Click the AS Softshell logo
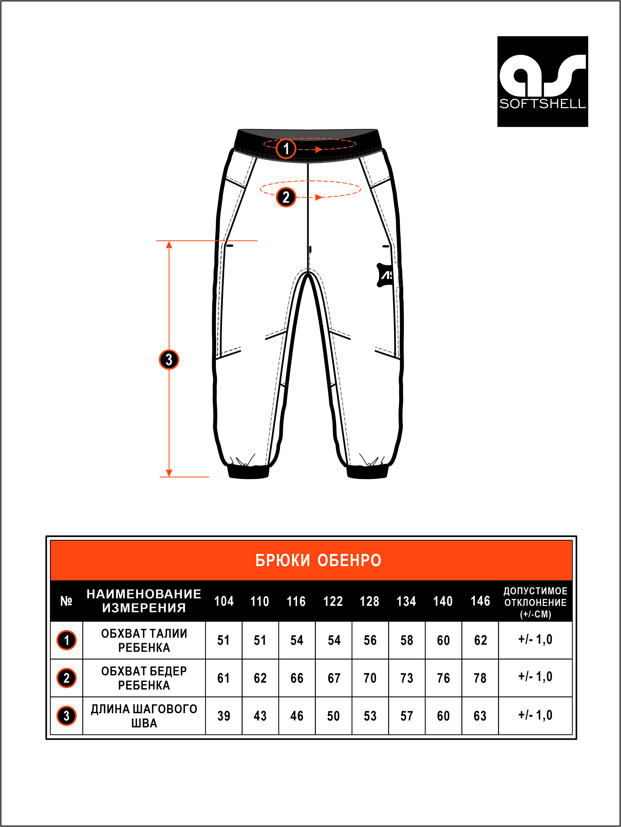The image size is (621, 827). click(x=542, y=82)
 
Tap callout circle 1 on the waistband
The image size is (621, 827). click(x=286, y=149)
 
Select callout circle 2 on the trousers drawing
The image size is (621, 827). click(x=286, y=197)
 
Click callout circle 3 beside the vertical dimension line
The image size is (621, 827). click(x=169, y=360)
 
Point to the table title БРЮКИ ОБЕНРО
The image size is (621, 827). click(x=318, y=560)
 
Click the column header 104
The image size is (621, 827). click(x=224, y=601)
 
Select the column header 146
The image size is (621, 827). click(x=480, y=601)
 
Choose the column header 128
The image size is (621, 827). click(x=370, y=601)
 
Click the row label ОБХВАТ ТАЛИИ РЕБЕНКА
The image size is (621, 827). click(x=144, y=640)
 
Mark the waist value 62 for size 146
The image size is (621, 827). click(x=480, y=640)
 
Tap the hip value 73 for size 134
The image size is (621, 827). click(x=407, y=678)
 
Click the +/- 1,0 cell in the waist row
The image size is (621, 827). click(x=535, y=639)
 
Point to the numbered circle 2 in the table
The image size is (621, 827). click(x=66, y=678)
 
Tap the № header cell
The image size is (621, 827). click(x=66, y=601)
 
